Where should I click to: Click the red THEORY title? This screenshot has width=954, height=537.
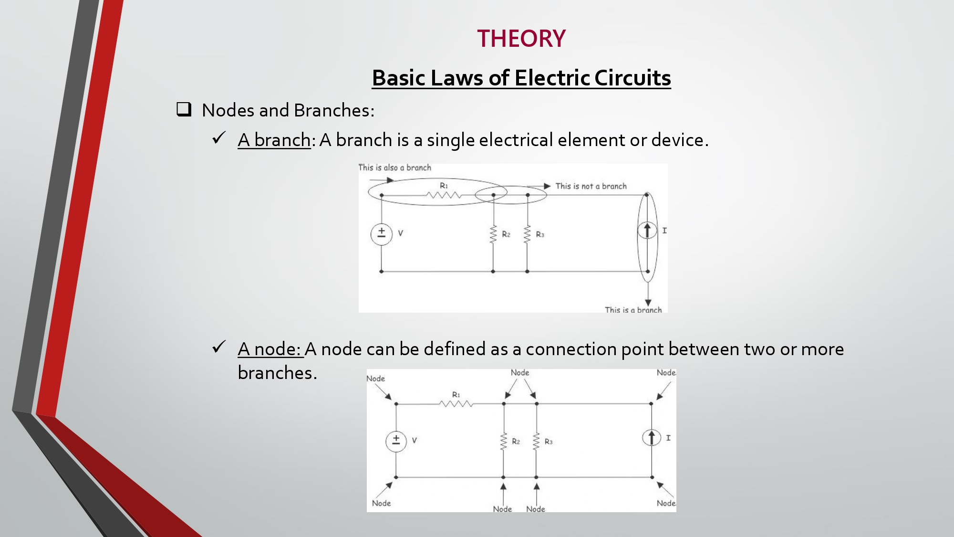(521, 39)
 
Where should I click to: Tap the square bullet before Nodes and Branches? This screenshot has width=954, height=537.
(184, 109)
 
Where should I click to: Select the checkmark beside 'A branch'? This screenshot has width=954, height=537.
(219, 138)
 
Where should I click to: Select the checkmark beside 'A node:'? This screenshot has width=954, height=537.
(219, 347)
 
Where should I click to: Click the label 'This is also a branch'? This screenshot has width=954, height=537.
(394, 168)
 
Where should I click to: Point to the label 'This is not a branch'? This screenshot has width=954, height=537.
(591, 186)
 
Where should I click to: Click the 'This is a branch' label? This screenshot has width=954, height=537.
(633, 310)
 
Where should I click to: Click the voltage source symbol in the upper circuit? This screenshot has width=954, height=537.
(382, 234)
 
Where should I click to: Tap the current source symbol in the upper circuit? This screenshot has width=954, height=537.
(647, 231)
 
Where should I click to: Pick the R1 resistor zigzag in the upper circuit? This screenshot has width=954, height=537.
(444, 195)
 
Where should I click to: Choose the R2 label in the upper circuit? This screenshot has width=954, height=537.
(506, 234)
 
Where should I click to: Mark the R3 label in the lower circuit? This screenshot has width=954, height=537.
(549, 442)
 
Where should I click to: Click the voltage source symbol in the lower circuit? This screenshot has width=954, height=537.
(396, 441)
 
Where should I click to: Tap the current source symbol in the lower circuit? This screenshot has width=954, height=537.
(652, 438)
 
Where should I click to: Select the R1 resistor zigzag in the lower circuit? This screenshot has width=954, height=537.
(456, 404)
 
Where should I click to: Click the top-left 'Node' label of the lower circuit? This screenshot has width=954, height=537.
(375, 379)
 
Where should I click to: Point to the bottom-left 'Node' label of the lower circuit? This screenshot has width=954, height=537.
(381, 503)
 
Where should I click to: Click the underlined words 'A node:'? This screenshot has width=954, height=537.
(270, 349)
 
